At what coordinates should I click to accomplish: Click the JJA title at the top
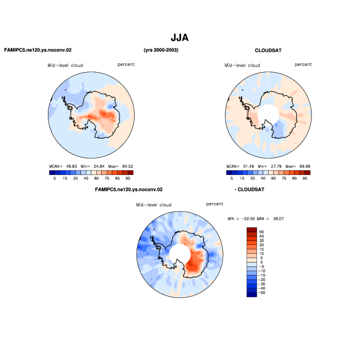[x=179, y=37]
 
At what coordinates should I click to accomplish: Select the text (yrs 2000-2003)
[x=161, y=50]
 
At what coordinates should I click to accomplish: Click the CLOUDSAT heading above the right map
[x=268, y=51]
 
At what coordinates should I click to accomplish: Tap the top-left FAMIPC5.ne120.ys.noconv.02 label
[x=38, y=50]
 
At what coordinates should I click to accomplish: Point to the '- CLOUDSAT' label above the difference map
[x=249, y=190]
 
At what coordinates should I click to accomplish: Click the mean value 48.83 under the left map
[x=72, y=166]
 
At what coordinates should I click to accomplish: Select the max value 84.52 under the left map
[x=128, y=166]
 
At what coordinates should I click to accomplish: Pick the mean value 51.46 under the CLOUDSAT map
[x=248, y=166]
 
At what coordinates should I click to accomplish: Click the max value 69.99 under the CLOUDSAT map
[x=304, y=166]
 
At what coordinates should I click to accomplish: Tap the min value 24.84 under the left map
[x=99, y=166]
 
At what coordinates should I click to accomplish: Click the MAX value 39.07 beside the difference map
[x=279, y=219]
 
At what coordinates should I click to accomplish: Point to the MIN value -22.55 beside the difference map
[x=248, y=219]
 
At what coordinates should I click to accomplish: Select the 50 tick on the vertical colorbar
[x=261, y=232]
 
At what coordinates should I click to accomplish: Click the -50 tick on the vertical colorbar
[x=261, y=293]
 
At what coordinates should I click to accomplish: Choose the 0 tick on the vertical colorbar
[x=261, y=263]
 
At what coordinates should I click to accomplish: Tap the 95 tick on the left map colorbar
[x=128, y=178]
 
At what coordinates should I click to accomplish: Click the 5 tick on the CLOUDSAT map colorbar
[x=232, y=178]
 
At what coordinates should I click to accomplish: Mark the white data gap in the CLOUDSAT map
[x=268, y=115]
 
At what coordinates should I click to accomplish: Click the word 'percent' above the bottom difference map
[x=215, y=204]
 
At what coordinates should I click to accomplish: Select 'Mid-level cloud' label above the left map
[x=65, y=66]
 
